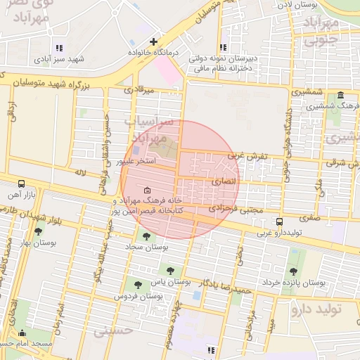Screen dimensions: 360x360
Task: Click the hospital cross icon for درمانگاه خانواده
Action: point(153,42)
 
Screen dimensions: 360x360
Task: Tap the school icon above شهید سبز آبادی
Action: point(59,48)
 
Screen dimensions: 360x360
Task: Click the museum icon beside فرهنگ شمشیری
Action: point(341,96)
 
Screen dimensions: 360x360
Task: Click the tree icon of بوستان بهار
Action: point(38,231)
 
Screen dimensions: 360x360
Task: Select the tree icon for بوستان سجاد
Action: point(146,236)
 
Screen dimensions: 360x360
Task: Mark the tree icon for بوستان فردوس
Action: point(138,285)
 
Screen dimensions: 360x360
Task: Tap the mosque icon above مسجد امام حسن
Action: point(22,333)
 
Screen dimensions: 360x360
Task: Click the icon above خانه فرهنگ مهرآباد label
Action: point(146,191)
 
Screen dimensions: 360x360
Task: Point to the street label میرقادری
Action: point(138,90)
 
